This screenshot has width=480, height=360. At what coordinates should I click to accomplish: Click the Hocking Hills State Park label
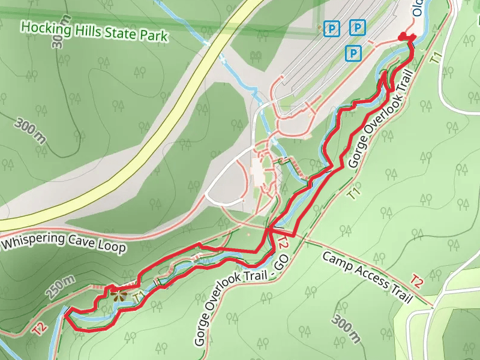[x=94, y=32]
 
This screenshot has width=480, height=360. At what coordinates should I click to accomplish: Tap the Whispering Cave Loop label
[x=64, y=242]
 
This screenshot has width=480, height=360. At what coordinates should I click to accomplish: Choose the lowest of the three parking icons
[x=354, y=54]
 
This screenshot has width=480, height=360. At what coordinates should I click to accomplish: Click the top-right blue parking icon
[x=358, y=27]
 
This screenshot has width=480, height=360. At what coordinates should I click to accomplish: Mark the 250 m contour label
[x=61, y=288]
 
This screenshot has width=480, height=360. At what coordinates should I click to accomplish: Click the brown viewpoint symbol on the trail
[x=117, y=295]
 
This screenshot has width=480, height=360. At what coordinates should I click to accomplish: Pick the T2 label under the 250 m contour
[x=40, y=328]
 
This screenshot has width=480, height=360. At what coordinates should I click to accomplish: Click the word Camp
[x=338, y=263]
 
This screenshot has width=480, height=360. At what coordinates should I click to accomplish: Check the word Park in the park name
[x=152, y=36]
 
